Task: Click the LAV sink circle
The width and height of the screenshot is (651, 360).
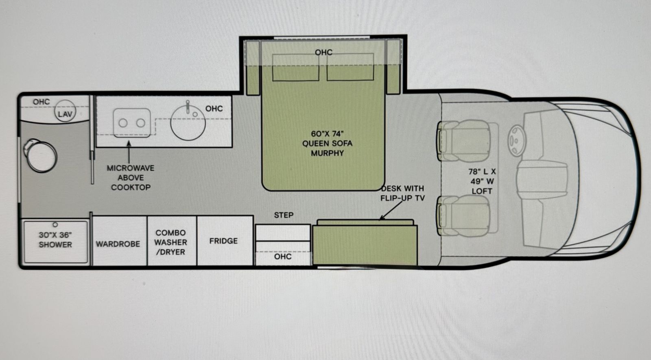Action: tap(65, 111)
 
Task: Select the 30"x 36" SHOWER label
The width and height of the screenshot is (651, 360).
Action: tap(55, 240)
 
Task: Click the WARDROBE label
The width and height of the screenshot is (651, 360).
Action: tap(118, 244)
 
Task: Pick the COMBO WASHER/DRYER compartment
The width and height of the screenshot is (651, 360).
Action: tap(172, 240)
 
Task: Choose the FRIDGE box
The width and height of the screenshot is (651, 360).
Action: tap(225, 240)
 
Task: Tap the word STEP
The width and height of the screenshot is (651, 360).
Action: tap(284, 215)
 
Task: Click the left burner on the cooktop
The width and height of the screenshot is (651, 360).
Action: tap(123, 123)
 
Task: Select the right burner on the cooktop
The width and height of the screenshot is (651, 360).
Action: tap(141, 123)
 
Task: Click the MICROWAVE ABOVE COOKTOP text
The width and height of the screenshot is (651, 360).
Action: tap(131, 177)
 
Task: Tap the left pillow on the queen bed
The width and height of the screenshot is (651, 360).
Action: tap(295, 67)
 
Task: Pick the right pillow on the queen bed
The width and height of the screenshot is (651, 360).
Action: tap(350, 67)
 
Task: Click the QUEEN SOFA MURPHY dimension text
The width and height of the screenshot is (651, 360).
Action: tap(328, 143)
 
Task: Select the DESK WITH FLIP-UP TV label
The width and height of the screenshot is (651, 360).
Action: tap(402, 193)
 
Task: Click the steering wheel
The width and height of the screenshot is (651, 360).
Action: tap(517, 141)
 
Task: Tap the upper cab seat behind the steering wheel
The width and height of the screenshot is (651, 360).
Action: tap(464, 141)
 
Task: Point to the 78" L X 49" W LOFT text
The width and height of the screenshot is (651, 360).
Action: tap(482, 181)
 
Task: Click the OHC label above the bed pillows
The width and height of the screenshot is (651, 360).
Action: tap(323, 52)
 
